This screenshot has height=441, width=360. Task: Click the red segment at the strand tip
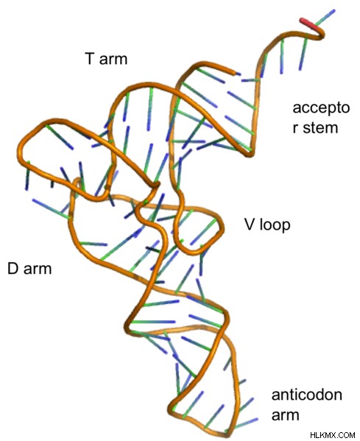[308, 24]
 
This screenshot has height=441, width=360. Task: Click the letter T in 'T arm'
[89, 59]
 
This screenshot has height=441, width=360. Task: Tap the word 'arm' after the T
[113, 60]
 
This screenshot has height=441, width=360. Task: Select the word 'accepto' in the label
[321, 108]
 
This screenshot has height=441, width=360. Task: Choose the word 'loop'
[275, 225]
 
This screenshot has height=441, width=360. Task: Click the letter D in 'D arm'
[13, 269]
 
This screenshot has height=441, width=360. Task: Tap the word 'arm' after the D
[38, 270]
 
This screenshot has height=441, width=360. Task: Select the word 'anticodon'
[307, 395]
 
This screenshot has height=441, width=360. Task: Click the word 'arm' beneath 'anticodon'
[286, 415]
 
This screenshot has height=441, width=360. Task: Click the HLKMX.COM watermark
[333, 435]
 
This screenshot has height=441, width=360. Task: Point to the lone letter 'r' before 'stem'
[295, 128]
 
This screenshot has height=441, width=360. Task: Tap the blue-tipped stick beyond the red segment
[325, 18]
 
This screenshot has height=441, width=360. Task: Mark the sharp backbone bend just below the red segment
[321, 35]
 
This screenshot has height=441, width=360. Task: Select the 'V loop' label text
[267, 225]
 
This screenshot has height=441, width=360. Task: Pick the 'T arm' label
[106, 59]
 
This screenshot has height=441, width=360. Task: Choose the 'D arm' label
[29, 269]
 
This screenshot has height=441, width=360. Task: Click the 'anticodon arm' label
[307, 404]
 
